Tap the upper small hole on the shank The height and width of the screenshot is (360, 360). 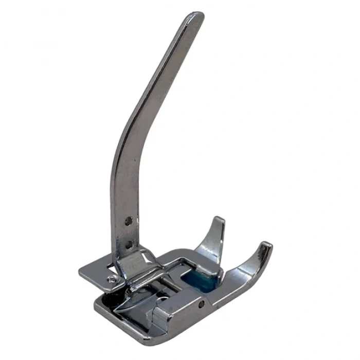coord(129,221)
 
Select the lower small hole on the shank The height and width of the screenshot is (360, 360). coord(129,244)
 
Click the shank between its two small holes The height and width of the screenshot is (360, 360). coord(129,232)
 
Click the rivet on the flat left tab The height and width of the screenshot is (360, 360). coord(111,279)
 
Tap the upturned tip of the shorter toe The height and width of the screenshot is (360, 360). coord(220,221)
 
